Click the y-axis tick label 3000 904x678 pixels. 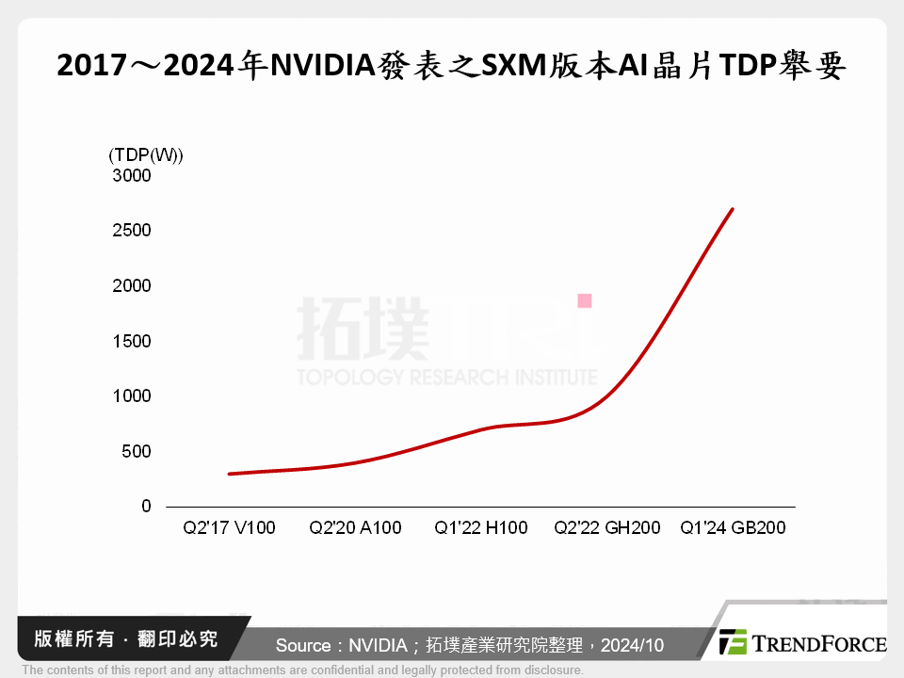pos(132,175)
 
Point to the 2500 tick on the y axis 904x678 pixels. pos(132,231)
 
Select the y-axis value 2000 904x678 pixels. pos(132,285)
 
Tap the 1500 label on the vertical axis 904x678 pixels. pos(132,341)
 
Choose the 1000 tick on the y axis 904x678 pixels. pos(132,396)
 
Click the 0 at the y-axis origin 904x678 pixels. pos(146,507)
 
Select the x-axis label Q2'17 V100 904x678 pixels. pos(229,528)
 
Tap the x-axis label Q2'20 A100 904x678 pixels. pos(355,528)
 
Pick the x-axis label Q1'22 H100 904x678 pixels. pos(480,528)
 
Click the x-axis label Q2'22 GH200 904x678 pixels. pos(606,528)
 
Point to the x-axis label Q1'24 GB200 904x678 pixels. pos(733,528)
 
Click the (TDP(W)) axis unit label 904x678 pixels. pos(146,154)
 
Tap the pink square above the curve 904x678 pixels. pos(585,301)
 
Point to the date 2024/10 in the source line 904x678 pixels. pos(632,645)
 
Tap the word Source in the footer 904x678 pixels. pos(303,645)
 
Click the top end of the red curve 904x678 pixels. pos(733,209)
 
